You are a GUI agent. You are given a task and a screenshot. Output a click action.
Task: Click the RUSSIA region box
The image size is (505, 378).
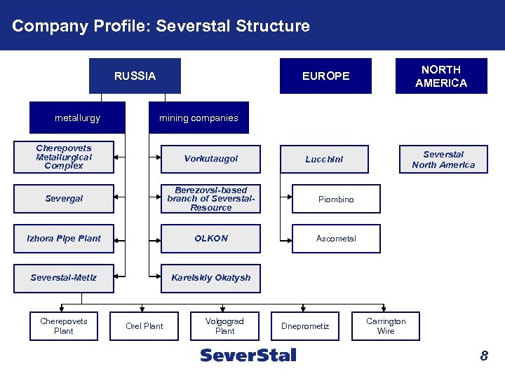coord(135,76)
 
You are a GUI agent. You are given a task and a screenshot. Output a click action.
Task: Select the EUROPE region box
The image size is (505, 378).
coord(325,76)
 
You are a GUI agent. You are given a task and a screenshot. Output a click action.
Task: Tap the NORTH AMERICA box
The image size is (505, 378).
coord(440,76)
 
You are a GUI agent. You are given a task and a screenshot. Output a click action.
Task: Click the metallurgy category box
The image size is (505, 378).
coord(77,118)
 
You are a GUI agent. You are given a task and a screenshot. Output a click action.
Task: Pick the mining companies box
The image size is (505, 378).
coord(198,118)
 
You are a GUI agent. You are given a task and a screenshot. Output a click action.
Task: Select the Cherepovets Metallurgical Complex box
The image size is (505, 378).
coord(64,157)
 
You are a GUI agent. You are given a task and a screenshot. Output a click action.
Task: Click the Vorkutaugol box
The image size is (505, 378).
coord(210,159)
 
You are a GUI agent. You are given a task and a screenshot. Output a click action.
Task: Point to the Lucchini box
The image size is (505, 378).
coord(325,159)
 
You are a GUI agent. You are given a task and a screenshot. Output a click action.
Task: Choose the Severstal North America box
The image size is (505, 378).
coord(443,160)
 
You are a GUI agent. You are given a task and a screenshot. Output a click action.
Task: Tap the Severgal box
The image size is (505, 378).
coord(64,199)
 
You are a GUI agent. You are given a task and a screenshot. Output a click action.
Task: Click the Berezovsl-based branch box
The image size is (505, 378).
coord(210,199)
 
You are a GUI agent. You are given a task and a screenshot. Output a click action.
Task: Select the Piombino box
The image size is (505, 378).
coord(336,199)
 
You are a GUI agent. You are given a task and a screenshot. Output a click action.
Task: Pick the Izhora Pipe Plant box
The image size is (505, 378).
coord(64,239)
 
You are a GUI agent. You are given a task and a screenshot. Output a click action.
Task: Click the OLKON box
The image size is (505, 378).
coord(210,239)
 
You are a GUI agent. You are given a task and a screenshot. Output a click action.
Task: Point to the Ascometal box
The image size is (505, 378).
coord(336,239)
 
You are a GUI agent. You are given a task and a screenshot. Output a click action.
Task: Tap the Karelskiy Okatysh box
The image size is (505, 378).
coord(210,278)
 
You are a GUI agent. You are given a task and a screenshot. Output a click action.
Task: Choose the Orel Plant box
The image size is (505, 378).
coord(144,326)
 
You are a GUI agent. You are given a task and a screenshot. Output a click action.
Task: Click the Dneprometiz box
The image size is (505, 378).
coord(305,326)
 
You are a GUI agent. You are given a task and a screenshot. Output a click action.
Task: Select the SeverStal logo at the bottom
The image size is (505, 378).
coord(248,355)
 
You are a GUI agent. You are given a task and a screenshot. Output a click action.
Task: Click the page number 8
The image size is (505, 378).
coord(483,356)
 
